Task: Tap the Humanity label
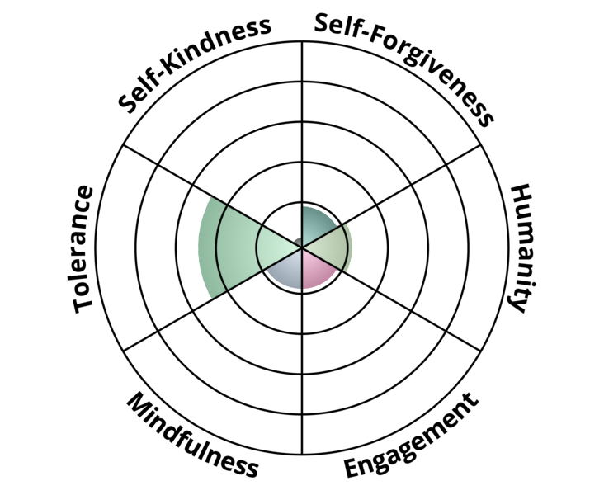click(521, 248)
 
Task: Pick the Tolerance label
click(83, 249)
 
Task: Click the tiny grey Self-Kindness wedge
click(298, 243)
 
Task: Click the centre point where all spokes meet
click(302, 247)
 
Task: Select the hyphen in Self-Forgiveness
click(366, 34)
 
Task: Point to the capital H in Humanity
click(522, 196)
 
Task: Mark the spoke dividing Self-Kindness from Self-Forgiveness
click(302, 144)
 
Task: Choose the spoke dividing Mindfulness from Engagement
click(302, 351)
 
